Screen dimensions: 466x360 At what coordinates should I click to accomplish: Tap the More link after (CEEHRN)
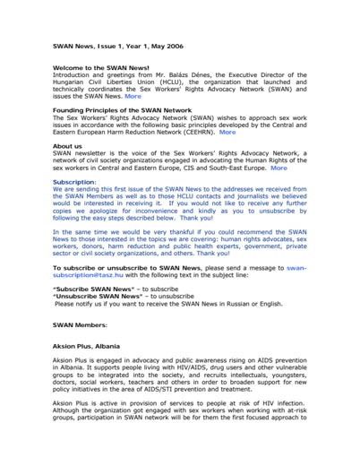[x=227, y=132]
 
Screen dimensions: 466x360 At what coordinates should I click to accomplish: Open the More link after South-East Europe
[x=279, y=168]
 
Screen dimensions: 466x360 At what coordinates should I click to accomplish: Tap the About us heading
[x=67, y=145]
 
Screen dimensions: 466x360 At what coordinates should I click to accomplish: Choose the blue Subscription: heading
[x=75, y=182]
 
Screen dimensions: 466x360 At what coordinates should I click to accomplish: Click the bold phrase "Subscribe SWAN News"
[x=94, y=290]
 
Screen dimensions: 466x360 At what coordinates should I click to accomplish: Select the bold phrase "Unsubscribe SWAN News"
[x=100, y=298]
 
